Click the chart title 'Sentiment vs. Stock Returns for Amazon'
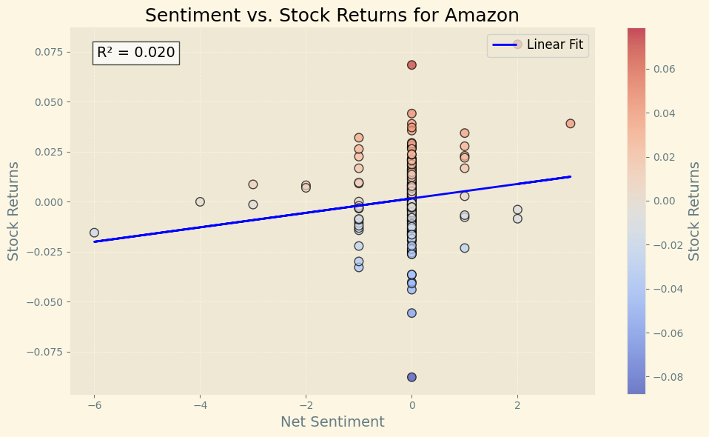click(332, 15)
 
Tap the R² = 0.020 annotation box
click(135, 53)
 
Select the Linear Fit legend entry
click(537, 44)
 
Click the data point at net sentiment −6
click(94, 233)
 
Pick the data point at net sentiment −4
click(200, 201)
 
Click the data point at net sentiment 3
click(570, 124)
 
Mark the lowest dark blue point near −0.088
click(411, 377)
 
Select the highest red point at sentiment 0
click(411, 65)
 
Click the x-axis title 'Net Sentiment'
click(332, 422)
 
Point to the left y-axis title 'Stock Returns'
click(13, 211)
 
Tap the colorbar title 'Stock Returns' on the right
click(693, 211)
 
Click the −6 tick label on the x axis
click(94, 405)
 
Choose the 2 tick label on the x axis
click(517, 405)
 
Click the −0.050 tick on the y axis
click(45, 301)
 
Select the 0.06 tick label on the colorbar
click(664, 69)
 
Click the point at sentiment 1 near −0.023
click(465, 248)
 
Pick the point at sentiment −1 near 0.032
click(359, 138)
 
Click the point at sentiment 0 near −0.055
click(411, 313)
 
